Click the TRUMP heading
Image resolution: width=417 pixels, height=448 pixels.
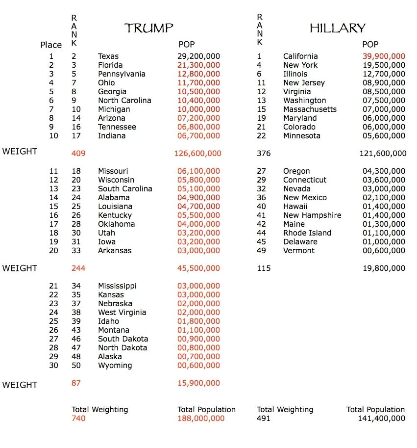(149, 28)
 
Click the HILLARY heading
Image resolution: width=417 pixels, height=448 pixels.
(338, 28)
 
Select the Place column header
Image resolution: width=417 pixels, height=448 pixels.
(51, 45)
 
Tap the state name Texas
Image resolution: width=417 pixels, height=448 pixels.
(108, 56)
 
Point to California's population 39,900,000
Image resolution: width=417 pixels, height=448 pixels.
(384, 56)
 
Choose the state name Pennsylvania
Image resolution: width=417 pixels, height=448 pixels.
(122, 74)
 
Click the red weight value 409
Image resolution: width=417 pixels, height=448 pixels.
(78, 154)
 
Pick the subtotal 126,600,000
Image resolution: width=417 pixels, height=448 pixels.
(197, 154)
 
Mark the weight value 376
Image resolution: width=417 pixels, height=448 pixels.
(264, 154)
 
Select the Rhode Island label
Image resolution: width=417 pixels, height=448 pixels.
(307, 233)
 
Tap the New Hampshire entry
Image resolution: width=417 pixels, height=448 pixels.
(312, 215)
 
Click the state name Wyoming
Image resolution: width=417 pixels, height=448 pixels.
(115, 366)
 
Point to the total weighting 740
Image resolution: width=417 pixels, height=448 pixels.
(78, 419)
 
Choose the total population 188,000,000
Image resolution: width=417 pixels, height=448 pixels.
(201, 419)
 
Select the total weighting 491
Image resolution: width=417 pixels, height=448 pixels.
(264, 419)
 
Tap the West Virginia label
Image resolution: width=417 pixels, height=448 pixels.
(122, 313)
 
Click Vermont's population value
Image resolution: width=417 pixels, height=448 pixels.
(384, 251)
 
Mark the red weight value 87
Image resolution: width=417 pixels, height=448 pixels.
(76, 383)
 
